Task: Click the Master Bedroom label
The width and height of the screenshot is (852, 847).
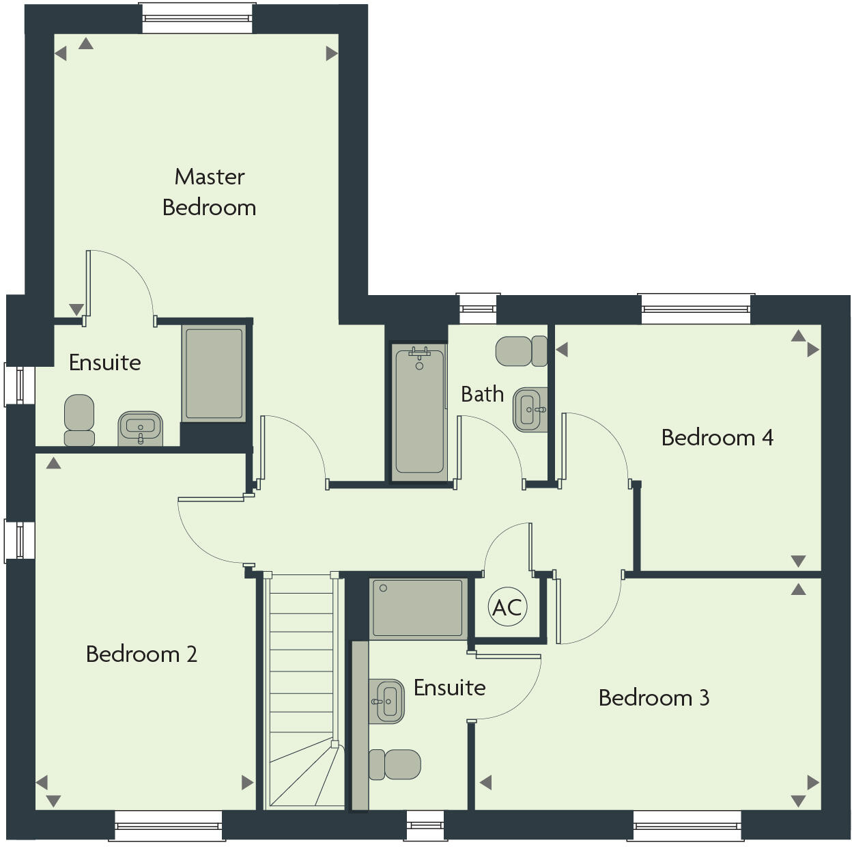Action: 209,192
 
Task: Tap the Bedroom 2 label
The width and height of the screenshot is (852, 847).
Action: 141,654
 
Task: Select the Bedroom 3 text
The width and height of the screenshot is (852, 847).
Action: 653,697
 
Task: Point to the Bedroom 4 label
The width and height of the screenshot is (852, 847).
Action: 717,437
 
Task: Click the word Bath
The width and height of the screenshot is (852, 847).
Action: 482,394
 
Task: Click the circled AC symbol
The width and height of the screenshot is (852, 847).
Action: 507,607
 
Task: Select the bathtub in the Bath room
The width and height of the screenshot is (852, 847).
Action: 419,410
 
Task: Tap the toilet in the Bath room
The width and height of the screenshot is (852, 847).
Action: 521,351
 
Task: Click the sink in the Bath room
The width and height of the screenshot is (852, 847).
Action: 530,410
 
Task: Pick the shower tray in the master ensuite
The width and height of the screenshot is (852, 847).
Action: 214,374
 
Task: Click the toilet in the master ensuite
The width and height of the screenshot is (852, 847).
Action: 79,420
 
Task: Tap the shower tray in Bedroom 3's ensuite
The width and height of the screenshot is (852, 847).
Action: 417,608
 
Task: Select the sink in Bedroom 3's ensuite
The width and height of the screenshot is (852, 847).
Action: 386,701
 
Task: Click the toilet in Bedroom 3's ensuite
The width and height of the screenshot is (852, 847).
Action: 395,764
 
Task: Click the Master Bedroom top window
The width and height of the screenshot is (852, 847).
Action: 198,18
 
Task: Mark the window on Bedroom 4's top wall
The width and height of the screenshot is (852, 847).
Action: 695,309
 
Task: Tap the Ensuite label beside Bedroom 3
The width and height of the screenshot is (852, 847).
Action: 449,687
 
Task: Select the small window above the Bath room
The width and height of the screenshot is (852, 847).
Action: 478,309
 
